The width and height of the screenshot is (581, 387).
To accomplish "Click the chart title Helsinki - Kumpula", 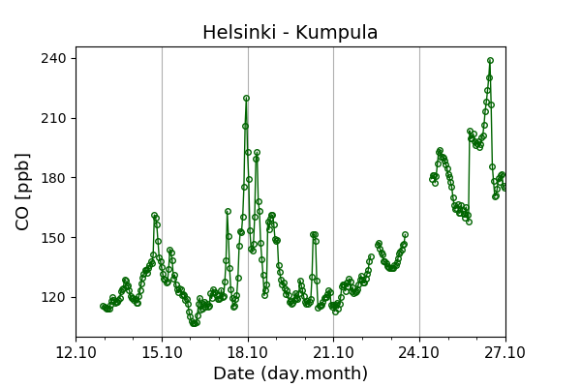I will click(290, 33).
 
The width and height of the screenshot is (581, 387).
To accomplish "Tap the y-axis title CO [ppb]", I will click(23, 192).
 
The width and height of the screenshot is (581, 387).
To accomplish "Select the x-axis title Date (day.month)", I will click(290, 373).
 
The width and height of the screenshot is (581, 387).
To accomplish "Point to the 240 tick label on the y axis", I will click(53, 58).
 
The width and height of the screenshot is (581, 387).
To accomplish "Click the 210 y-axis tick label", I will click(53, 118).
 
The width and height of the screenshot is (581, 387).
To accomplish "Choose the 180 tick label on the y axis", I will click(53, 178).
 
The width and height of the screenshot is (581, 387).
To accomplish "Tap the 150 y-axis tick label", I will click(53, 238).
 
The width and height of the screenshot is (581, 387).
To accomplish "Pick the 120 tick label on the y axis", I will click(53, 298).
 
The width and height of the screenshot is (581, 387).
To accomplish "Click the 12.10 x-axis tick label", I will click(76, 352).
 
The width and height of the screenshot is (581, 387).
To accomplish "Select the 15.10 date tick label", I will click(162, 352).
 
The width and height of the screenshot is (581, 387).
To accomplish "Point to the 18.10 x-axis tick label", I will click(248, 352).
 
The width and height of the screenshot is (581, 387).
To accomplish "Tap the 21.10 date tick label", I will click(333, 352).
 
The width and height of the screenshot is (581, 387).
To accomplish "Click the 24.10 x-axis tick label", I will click(419, 352).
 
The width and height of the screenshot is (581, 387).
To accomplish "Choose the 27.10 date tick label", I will click(505, 352).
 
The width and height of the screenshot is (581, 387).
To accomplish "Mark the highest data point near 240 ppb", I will click(490, 60).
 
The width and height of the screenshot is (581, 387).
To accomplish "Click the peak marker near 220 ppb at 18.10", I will click(246, 98).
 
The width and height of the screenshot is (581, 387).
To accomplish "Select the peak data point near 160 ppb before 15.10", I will click(154, 215).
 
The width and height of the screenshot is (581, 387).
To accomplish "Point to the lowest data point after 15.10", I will click(194, 323).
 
